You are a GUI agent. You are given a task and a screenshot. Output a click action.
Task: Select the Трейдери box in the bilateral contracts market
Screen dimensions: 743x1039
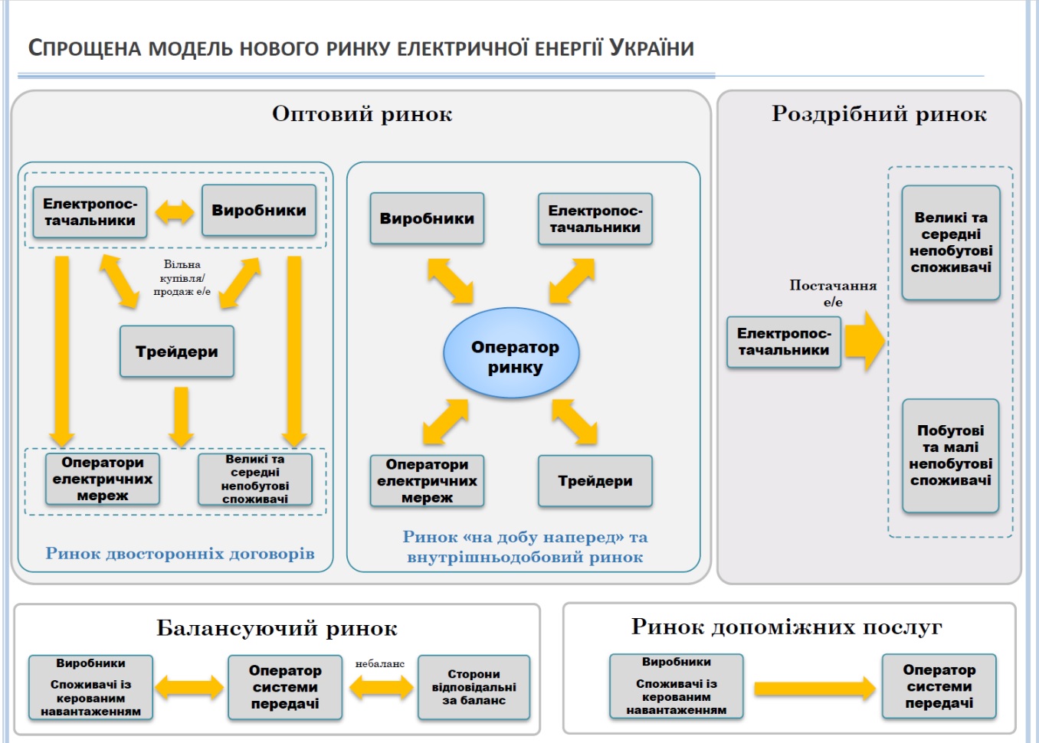tap(177, 352)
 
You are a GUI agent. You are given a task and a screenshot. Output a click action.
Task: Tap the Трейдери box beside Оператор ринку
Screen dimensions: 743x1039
tap(595, 481)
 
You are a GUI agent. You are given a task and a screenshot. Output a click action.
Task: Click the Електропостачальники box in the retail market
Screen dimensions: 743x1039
tap(783, 342)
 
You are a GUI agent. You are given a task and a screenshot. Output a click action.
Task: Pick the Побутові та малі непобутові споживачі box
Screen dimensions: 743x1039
tap(950, 456)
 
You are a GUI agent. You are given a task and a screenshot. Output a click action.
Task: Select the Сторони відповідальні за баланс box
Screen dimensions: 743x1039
tap(474, 687)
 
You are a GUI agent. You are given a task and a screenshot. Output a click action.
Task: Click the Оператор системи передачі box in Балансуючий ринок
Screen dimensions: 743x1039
tap(285, 687)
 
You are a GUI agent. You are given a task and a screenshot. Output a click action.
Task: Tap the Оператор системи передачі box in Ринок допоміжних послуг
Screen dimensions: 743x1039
tap(939, 686)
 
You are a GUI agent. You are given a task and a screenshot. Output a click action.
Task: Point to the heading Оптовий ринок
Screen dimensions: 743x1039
tap(362, 114)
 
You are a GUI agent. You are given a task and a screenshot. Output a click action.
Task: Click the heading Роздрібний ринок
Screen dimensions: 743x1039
tap(879, 114)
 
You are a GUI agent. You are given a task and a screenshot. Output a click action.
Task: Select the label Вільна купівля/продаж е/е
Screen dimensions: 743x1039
tap(182, 277)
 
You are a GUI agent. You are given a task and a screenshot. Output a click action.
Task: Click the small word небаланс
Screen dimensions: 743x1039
tap(379, 663)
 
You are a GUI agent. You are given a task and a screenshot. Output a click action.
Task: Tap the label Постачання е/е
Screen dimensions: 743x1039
tap(833, 293)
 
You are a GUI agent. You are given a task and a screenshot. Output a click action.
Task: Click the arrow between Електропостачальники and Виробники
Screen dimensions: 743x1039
tap(175, 211)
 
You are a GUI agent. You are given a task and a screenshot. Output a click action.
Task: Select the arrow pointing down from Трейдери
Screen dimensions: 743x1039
tap(182, 416)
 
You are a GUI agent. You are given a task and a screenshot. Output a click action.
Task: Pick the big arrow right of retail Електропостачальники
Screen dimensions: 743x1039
tap(864, 341)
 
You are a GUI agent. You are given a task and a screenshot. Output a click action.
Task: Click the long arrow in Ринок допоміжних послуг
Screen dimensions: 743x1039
tap(814, 689)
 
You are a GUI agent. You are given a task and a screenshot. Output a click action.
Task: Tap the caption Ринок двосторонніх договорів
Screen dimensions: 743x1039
tap(180, 553)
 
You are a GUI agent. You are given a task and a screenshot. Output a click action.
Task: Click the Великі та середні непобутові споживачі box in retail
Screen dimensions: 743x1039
tap(950, 242)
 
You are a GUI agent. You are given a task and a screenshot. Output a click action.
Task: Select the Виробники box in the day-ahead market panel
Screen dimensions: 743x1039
tap(427, 218)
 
